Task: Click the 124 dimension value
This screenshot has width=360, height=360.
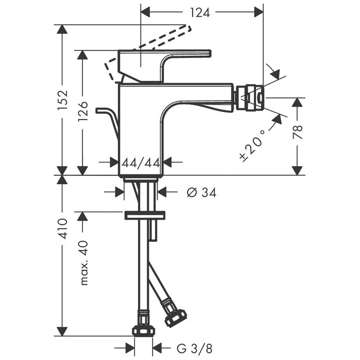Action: [x=200, y=13]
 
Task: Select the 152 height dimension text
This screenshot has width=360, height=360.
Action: [x=63, y=100]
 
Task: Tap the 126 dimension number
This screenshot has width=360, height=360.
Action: [x=83, y=111]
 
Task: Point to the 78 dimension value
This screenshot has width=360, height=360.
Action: [x=298, y=132]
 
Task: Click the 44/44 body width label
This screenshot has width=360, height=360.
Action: [x=141, y=163]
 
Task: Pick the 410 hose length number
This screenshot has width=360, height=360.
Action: [x=63, y=229]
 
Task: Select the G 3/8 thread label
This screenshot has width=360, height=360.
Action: [x=194, y=349]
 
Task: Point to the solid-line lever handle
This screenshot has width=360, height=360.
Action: [x=165, y=66]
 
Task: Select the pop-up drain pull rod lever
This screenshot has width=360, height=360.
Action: [x=108, y=124]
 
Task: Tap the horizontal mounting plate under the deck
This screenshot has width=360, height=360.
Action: [x=145, y=215]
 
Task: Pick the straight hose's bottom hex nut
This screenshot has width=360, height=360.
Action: [x=144, y=331]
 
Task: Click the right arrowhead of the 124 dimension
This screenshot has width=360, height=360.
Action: [x=259, y=12]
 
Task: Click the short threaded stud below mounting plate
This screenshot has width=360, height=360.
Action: [x=152, y=230]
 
